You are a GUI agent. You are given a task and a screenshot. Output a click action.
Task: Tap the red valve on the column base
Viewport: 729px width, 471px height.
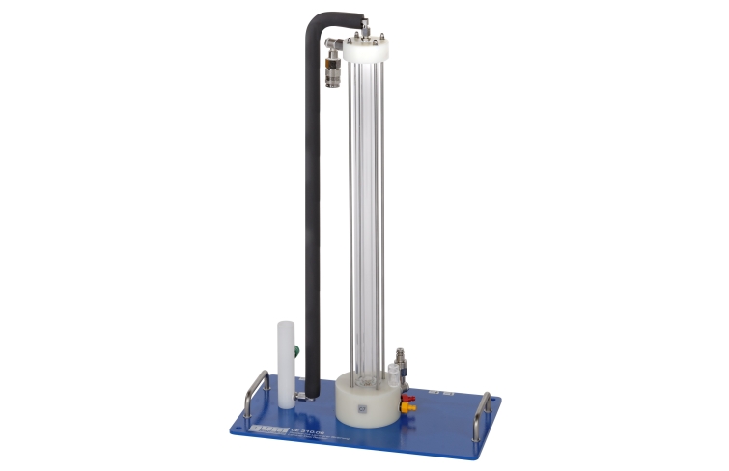point(407,398)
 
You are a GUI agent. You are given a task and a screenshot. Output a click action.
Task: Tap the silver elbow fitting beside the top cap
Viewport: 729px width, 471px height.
point(333,43)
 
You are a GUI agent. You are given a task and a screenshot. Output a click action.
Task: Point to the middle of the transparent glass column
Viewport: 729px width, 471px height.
point(367,212)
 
